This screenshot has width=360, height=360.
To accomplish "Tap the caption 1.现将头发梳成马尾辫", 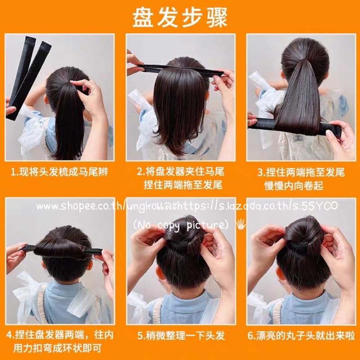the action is coord(59,172).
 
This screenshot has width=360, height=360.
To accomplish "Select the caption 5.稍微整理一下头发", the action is coord(181,335).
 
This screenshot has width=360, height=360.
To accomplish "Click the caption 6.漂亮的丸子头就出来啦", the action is coord(301,335).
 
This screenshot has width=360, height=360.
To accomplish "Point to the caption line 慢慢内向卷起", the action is coord(294,185).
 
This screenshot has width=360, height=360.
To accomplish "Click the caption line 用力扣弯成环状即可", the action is coord(57,348).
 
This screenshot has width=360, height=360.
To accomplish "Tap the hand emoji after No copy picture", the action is coord(241,224).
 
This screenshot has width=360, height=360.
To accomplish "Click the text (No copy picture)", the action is coord(181,225).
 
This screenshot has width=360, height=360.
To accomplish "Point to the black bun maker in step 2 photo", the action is coord(180,69).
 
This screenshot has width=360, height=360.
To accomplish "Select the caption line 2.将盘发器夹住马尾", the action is coord(181,171).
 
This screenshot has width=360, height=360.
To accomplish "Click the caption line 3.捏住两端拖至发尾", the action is coord(301,172).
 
